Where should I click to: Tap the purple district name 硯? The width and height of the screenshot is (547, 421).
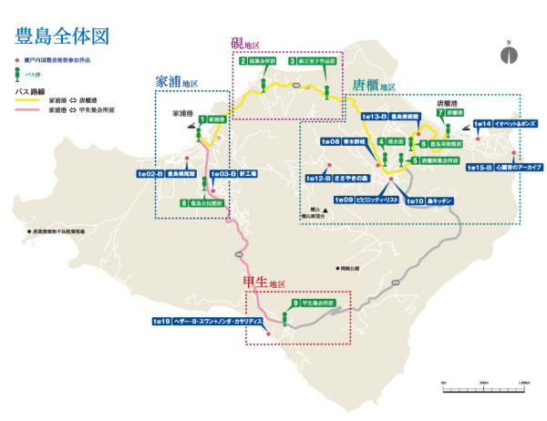point(236,44)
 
